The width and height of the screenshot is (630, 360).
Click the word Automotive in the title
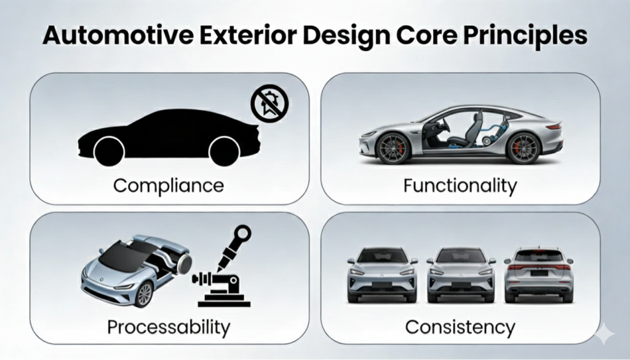(x=118, y=35)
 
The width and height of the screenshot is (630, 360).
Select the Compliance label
(x=169, y=186)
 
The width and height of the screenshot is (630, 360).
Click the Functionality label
(x=460, y=186)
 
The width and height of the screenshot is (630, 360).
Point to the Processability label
(x=169, y=327)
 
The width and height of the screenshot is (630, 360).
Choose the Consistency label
(x=460, y=327)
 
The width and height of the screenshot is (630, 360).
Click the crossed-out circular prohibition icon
(x=269, y=103)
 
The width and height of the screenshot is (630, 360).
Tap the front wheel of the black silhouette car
(x=110, y=151)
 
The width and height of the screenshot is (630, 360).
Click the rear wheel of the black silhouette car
(x=224, y=151)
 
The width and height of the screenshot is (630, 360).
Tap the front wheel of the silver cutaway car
(x=393, y=148)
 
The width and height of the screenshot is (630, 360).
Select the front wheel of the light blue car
(x=144, y=294)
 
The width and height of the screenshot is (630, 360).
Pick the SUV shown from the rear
(x=539, y=274)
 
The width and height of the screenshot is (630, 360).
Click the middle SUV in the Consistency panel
(x=461, y=274)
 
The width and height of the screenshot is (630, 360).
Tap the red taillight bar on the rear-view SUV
(x=539, y=267)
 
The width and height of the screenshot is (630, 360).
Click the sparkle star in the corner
(x=605, y=334)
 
